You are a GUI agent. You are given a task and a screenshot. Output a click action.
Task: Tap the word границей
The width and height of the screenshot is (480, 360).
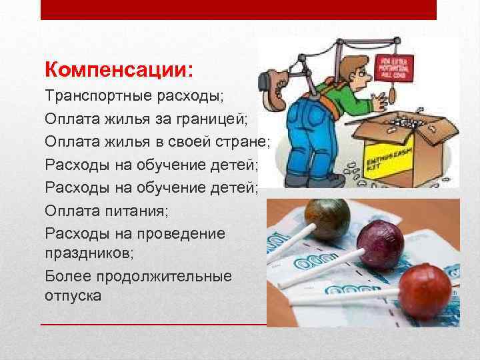(x=214, y=119)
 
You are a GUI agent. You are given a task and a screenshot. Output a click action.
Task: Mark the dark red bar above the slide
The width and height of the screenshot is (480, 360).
(x=239, y=9)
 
